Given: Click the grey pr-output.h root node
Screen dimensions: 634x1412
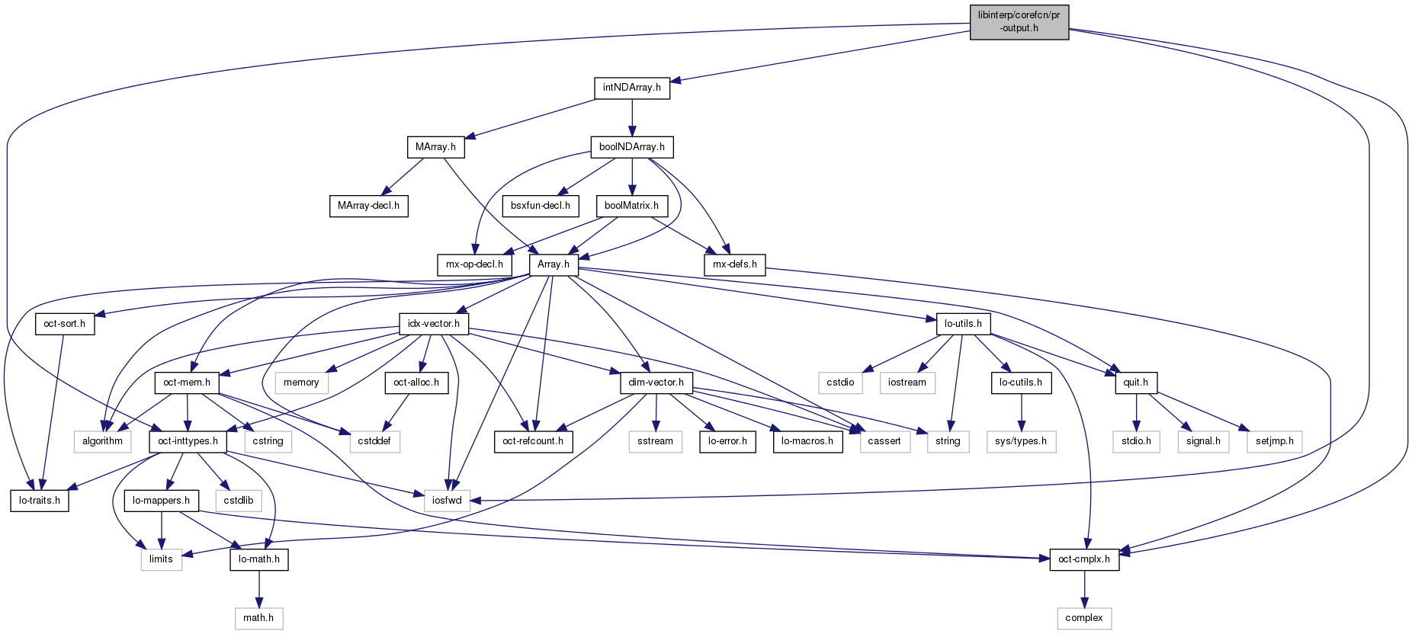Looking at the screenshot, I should click(x=1019, y=22).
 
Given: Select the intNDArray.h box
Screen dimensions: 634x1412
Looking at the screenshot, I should click(x=631, y=88).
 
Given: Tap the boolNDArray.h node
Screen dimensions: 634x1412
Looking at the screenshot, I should click(x=631, y=147).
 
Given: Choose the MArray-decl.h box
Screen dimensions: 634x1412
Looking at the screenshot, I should click(x=368, y=206).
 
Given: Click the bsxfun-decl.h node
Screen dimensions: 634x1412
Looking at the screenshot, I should click(x=540, y=206).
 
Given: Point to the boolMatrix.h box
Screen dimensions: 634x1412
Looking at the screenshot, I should click(x=631, y=206).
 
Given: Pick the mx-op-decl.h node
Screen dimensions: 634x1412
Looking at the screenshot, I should click(x=474, y=264).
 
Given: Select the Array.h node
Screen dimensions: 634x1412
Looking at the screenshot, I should click(x=553, y=264).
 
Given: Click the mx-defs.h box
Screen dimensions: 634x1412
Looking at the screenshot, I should click(x=734, y=264).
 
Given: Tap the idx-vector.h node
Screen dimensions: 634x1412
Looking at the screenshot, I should click(x=433, y=324).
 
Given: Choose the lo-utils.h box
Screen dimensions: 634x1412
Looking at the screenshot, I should click(x=963, y=324).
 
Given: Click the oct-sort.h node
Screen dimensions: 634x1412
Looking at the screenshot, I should click(x=64, y=324).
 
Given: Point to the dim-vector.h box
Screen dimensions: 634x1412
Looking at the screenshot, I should click(x=656, y=383).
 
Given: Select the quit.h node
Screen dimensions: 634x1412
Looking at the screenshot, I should click(x=1135, y=383).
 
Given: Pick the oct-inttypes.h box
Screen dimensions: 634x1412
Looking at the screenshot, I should click(x=188, y=441).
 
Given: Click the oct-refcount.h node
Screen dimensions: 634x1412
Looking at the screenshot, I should click(x=533, y=441).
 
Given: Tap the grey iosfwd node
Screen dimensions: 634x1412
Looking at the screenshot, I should click(x=447, y=501).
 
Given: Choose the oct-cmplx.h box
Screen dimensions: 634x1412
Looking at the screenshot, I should click(x=1083, y=559).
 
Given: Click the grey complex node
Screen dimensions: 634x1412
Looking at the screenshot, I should click(x=1083, y=618).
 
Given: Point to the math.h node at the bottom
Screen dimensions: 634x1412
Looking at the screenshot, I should click(x=258, y=618).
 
